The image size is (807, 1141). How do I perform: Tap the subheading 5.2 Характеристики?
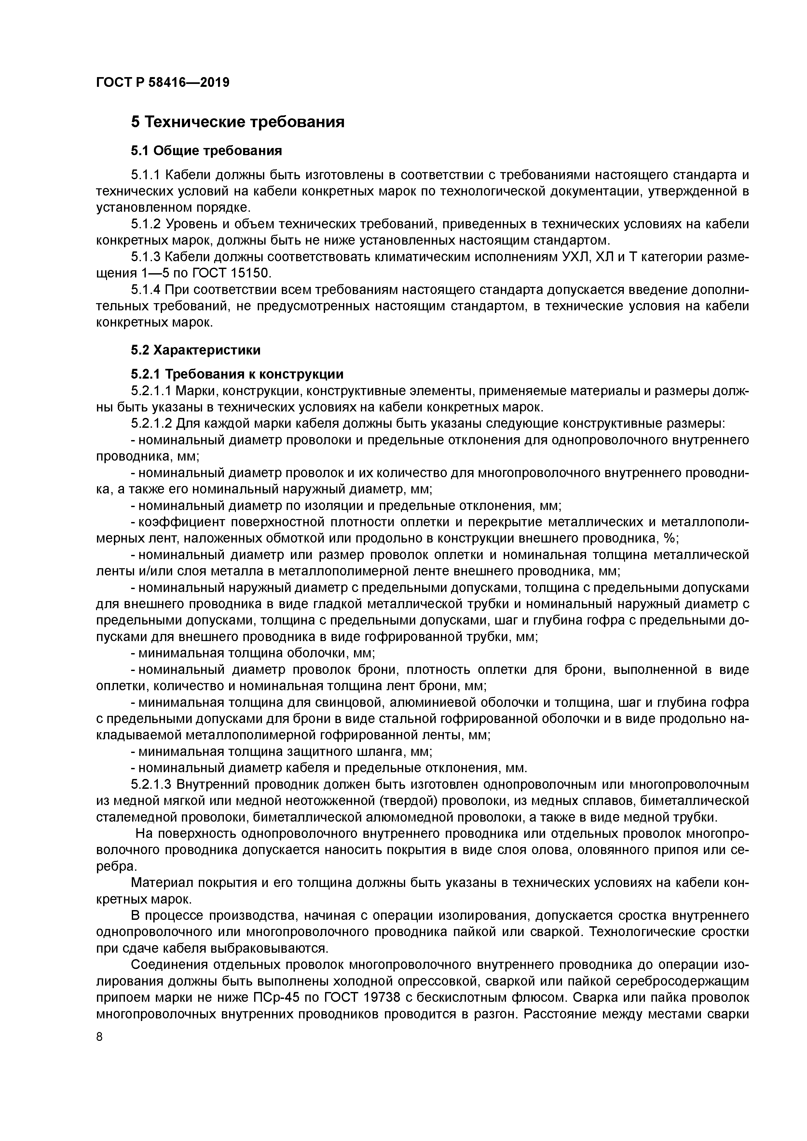[x=196, y=350]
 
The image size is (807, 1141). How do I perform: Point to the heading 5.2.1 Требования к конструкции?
[x=237, y=374]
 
